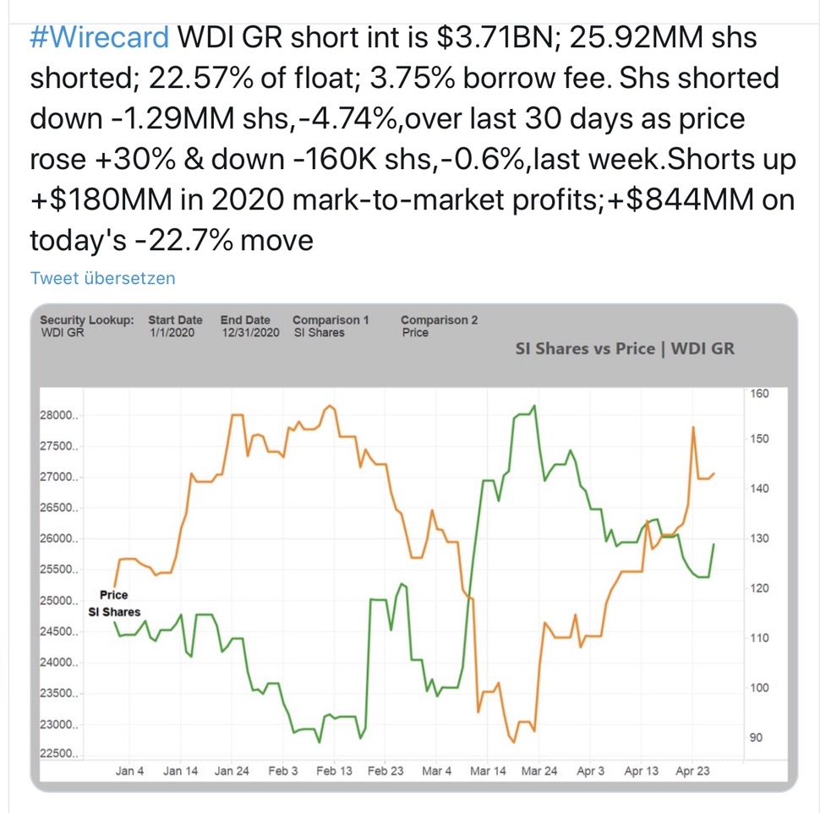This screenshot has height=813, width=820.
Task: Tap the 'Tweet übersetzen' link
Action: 102,278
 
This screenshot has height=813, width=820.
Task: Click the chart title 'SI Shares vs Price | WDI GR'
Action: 625,349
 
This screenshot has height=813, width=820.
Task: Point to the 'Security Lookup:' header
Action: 87,320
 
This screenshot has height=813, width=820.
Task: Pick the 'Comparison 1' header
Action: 331,320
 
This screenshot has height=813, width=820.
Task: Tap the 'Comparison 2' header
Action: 439,320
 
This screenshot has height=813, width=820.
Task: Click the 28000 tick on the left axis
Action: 58,416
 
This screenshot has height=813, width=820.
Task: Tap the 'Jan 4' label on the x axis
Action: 129,772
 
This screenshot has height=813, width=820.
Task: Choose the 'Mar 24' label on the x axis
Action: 538,772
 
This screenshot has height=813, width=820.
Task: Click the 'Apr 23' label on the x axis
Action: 692,772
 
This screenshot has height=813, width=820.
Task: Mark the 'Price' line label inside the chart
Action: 114,595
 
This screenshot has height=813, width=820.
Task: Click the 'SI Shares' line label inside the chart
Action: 115,612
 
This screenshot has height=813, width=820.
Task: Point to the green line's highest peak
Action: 534,407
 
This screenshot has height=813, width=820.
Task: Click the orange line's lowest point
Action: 514,743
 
